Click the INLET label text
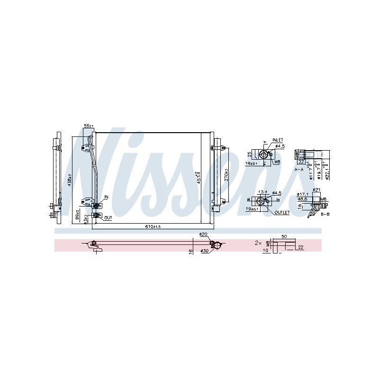click(x=278, y=140)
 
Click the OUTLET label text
click(x=281, y=213)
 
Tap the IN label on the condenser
click(x=106, y=197)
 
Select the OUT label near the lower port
click(x=108, y=218)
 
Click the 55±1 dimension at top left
click(x=89, y=126)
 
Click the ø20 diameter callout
click(x=203, y=235)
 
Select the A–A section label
click(x=298, y=169)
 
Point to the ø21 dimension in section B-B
click(x=317, y=189)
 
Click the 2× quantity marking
click(x=258, y=243)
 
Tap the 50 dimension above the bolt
click(x=284, y=235)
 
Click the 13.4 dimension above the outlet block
click(x=262, y=192)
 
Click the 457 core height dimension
click(x=199, y=178)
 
